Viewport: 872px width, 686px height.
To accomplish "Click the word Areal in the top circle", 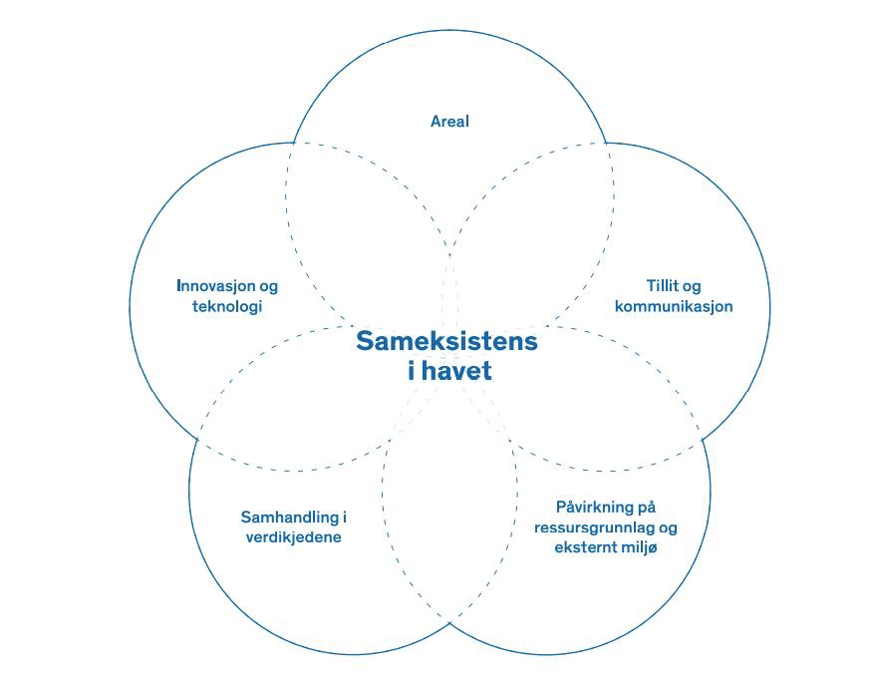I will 449,122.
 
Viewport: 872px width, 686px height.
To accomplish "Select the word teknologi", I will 227,306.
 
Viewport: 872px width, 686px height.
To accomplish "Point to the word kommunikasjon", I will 674,306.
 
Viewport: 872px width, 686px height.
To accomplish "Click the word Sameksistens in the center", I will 446,341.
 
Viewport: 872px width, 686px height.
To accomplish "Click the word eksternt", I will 589,547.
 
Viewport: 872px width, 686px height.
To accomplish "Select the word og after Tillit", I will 693,287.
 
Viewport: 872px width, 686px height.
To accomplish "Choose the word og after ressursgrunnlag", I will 668,528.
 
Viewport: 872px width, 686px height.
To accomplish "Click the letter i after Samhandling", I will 344,517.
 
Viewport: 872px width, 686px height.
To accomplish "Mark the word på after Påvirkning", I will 647,508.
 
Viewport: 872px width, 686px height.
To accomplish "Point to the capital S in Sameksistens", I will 365,341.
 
